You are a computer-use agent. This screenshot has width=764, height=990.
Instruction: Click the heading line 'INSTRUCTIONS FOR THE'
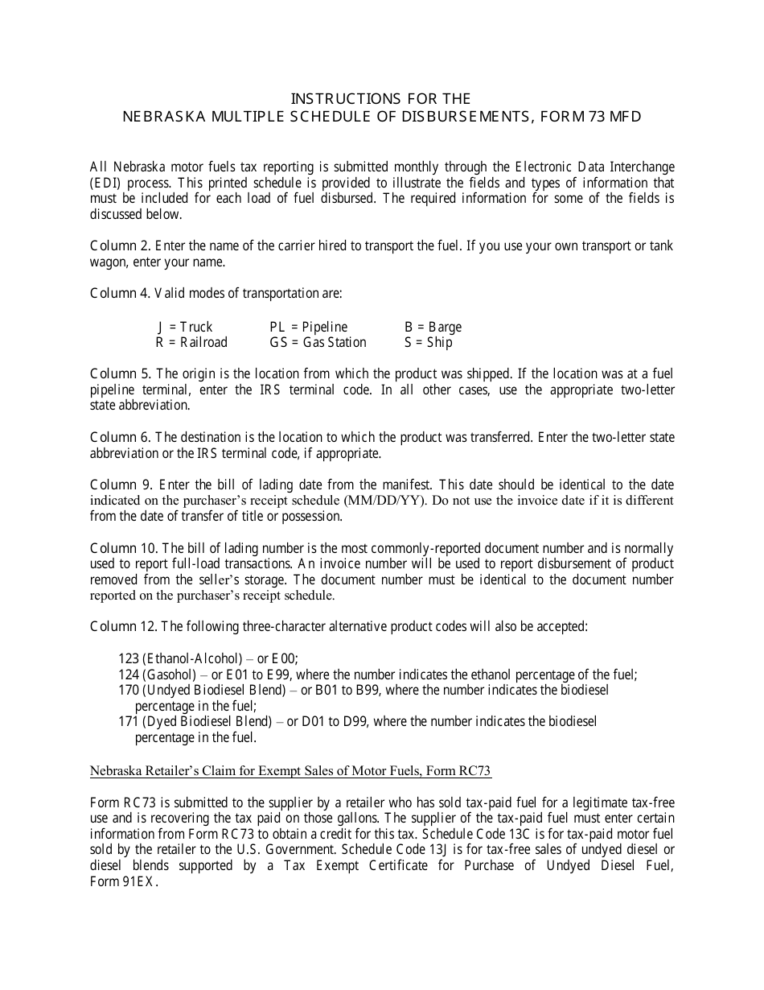[x=381, y=99]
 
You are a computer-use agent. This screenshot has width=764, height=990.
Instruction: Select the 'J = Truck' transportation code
[x=185, y=327]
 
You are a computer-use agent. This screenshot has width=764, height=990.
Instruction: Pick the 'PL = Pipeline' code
[x=309, y=327]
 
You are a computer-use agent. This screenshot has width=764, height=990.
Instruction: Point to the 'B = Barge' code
[x=433, y=327]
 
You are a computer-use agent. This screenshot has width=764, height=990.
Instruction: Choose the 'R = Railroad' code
[x=191, y=342]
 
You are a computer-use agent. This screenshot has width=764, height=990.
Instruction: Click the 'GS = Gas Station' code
[x=318, y=342]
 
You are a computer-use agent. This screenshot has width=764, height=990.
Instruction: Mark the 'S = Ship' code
[x=428, y=342]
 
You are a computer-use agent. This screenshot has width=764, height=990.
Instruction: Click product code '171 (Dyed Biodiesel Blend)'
[x=191, y=721]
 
